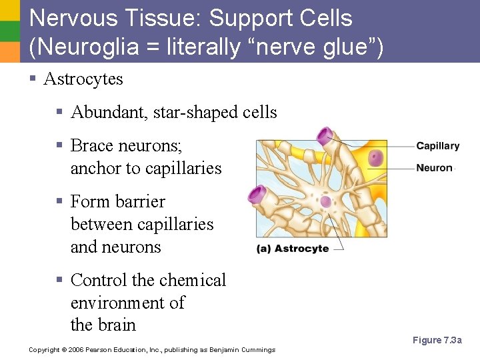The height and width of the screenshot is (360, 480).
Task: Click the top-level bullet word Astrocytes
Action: (x=83, y=79)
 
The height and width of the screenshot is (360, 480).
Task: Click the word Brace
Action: (x=93, y=145)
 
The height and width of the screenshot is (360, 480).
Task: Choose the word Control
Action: (x=98, y=280)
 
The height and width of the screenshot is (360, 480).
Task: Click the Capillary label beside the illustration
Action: (x=437, y=146)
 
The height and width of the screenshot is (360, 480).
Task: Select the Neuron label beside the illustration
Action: (x=434, y=168)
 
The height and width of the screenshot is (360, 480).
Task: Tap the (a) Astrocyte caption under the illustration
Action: (x=293, y=249)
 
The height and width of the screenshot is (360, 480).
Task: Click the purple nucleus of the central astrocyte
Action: (x=325, y=201)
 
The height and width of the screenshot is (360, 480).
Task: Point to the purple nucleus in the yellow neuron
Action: (x=377, y=159)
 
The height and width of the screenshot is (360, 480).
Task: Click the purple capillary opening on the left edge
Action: (x=257, y=194)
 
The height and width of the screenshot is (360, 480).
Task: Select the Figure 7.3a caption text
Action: (x=437, y=341)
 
